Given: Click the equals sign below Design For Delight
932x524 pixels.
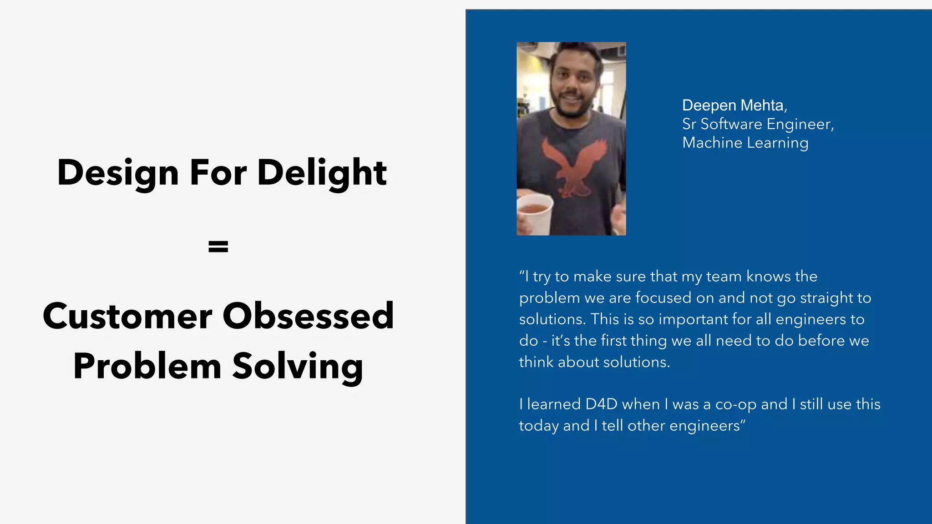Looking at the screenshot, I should (x=218, y=247).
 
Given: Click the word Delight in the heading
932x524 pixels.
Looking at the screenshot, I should (x=322, y=173).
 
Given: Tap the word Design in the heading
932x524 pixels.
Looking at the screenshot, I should (x=118, y=173).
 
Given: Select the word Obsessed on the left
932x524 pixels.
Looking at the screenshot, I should (x=308, y=316).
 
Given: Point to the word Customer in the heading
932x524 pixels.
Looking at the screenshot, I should (x=127, y=316).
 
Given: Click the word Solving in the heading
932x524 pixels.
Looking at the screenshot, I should (x=298, y=367).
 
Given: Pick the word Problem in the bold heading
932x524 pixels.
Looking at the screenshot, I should (x=147, y=366).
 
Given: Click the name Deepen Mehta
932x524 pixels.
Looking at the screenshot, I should (x=734, y=106).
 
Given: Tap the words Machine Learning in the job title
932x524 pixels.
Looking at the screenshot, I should (x=745, y=143).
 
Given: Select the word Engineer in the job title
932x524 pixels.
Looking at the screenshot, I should (x=800, y=124).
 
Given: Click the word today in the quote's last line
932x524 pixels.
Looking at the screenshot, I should (x=539, y=426).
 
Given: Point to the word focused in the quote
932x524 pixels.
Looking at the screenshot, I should (x=664, y=298).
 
